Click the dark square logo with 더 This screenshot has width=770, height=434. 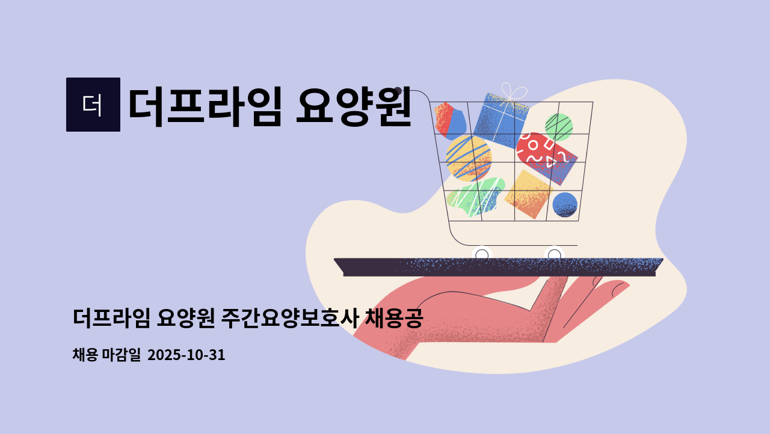[93, 105]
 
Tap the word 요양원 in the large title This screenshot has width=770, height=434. [354, 106]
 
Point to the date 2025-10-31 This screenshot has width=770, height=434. [186, 355]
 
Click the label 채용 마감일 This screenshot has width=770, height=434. [106, 355]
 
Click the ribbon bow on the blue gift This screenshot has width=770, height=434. [513, 92]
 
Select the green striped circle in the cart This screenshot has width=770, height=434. [559, 127]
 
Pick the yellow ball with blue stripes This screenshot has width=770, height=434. [469, 158]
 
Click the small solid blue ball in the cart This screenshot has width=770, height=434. [565, 204]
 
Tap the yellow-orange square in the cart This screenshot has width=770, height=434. [529, 194]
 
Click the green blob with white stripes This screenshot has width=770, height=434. [476, 197]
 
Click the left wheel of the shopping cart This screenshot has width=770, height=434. [482, 254]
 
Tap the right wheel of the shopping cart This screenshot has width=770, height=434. [554, 254]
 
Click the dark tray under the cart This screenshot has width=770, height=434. [499, 267]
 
